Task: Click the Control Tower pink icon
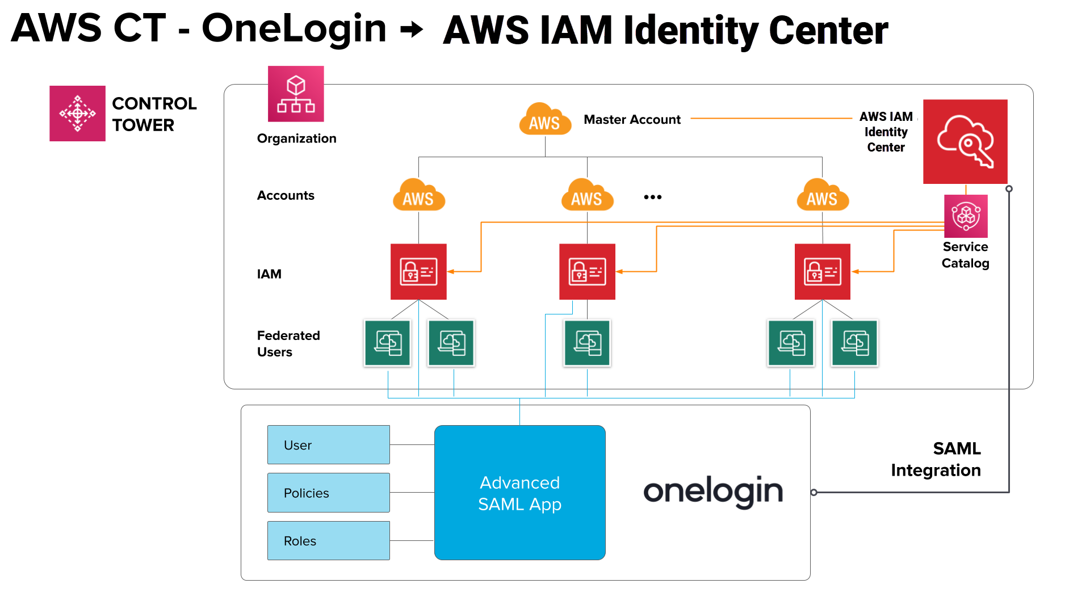click(x=77, y=114)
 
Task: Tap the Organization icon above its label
click(x=296, y=94)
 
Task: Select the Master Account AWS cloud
click(x=545, y=120)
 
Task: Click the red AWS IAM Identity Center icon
click(x=965, y=141)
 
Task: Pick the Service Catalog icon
click(x=966, y=216)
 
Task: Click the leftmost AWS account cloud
click(x=418, y=196)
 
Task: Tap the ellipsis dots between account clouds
click(x=653, y=197)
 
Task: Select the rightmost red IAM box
click(x=822, y=272)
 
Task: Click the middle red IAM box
click(x=587, y=272)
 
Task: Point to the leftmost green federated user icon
click(x=388, y=343)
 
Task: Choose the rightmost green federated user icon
click(x=854, y=343)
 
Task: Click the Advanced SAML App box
click(x=519, y=493)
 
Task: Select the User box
click(x=328, y=445)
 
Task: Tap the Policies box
click(x=328, y=493)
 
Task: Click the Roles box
click(x=328, y=541)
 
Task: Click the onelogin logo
click(x=712, y=492)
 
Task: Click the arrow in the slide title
click(x=412, y=29)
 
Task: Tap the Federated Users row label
click(x=288, y=343)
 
